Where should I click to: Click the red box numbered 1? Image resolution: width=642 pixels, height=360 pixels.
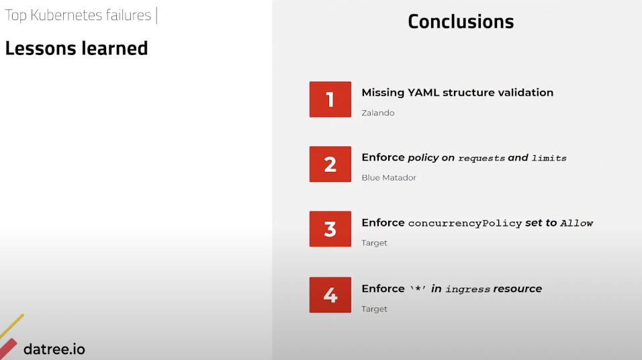pyautogui.click(x=330, y=99)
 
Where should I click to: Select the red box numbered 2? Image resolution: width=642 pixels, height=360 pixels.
pyautogui.click(x=330, y=164)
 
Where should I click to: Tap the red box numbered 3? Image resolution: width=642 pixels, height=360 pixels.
pyautogui.click(x=330, y=229)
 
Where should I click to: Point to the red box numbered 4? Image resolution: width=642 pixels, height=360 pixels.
pyautogui.click(x=330, y=295)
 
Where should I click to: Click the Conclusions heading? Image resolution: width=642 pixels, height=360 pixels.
pyautogui.click(x=461, y=21)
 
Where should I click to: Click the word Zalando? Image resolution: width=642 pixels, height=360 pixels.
pyautogui.click(x=378, y=113)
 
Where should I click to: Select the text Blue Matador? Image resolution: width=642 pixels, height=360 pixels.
pyautogui.click(x=389, y=178)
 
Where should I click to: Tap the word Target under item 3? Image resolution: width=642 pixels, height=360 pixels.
pyautogui.click(x=374, y=243)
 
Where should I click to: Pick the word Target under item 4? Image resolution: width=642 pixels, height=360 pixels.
pyautogui.click(x=374, y=309)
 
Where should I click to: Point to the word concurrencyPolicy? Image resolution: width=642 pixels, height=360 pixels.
pyautogui.click(x=465, y=223)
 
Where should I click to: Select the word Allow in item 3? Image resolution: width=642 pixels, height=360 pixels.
pyautogui.click(x=576, y=223)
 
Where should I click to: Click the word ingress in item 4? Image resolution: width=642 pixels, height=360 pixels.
pyautogui.click(x=467, y=289)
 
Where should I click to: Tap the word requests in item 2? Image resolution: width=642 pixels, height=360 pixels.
pyautogui.click(x=481, y=158)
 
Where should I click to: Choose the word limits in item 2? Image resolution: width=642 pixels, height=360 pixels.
pyautogui.click(x=549, y=158)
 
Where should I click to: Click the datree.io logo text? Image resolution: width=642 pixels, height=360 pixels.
pyautogui.click(x=54, y=349)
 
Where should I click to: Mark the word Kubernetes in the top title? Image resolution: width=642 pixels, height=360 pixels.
pyautogui.click(x=66, y=15)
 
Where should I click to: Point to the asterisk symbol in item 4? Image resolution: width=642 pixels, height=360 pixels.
pyautogui.click(x=418, y=288)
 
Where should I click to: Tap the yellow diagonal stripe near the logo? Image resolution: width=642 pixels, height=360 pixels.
pyautogui.click(x=11, y=326)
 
